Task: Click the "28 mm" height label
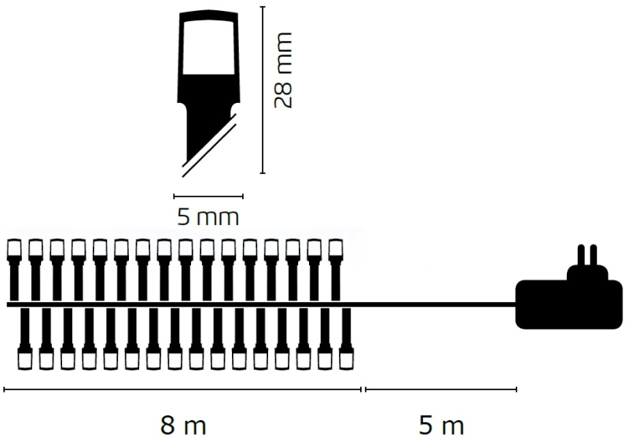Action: click(x=283, y=71)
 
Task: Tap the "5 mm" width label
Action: click(x=208, y=217)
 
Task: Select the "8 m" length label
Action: click(x=183, y=425)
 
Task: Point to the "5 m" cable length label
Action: click(x=441, y=425)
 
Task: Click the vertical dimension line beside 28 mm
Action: click(x=263, y=90)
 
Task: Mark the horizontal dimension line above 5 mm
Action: click(x=208, y=196)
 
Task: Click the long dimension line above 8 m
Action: click(x=182, y=389)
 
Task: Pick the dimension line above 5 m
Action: click(x=441, y=389)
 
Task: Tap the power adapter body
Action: click(x=568, y=305)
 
